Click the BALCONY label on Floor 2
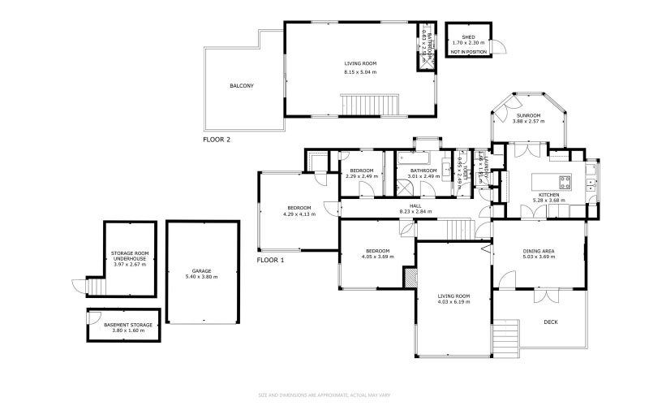[x=242, y=85]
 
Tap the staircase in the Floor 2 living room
[x=372, y=105]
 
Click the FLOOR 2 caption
[x=217, y=140]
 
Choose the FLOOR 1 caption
[x=271, y=261]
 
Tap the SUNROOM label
[x=529, y=115]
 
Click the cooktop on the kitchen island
[x=562, y=179]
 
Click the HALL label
[x=415, y=205]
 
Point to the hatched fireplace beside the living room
[x=410, y=277]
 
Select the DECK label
[x=551, y=322]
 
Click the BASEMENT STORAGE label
[x=128, y=325]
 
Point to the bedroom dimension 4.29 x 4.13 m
[x=299, y=214]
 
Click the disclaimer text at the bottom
[x=324, y=395]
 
